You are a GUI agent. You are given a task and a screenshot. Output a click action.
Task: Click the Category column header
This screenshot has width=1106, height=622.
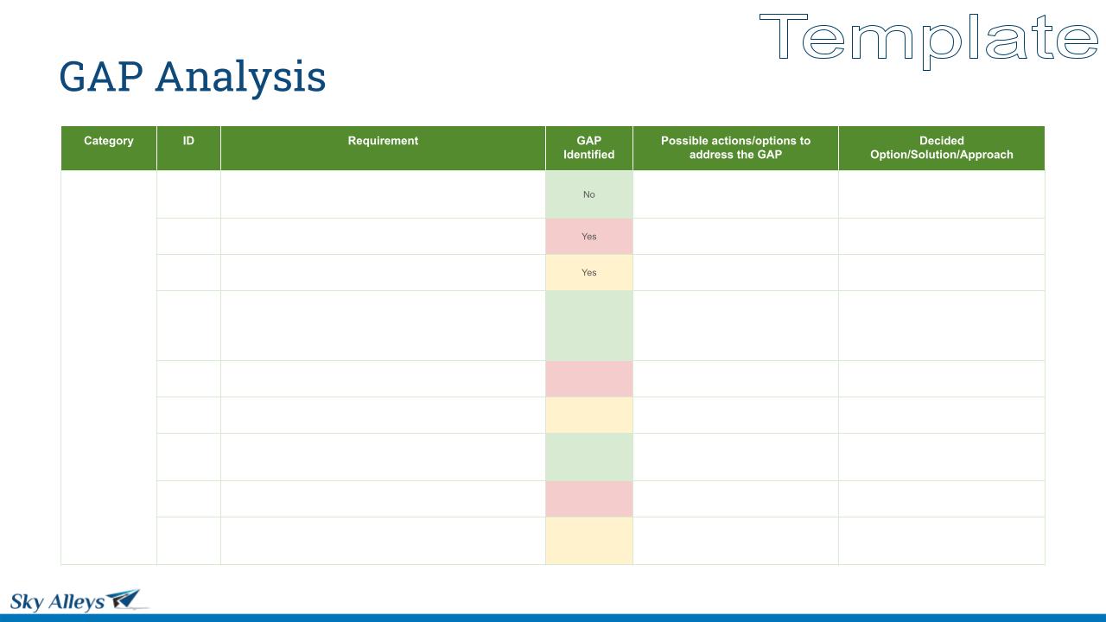(109, 148)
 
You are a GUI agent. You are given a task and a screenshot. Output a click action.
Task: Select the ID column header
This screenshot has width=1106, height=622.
(188, 148)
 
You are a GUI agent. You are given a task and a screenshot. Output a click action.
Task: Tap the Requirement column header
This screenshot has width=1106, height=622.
(383, 148)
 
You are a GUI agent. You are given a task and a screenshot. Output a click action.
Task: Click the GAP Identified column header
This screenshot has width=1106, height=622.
(589, 148)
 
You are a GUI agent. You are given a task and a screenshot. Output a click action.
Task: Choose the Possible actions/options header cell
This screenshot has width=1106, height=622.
(735, 148)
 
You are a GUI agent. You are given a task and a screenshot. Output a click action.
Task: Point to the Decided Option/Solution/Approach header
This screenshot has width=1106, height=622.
(942, 148)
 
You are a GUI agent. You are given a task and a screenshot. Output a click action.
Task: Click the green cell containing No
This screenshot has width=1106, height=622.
(589, 194)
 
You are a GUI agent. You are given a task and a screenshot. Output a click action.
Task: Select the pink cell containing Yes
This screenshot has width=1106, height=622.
(589, 237)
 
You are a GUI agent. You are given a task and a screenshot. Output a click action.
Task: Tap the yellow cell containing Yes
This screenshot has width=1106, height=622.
(589, 272)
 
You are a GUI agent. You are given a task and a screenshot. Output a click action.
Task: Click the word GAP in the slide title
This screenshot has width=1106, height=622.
(101, 77)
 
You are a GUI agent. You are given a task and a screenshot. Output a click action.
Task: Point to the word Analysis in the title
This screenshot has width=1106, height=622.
(240, 78)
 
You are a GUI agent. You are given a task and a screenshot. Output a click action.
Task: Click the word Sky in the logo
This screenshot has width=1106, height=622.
(27, 602)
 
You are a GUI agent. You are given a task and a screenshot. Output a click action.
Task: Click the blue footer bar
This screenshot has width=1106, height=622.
(553, 618)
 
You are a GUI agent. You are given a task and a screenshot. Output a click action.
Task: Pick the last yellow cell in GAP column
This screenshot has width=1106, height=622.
(589, 541)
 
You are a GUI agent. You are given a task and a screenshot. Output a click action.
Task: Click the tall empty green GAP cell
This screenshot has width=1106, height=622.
(589, 326)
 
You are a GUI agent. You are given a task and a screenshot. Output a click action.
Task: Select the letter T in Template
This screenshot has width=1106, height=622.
(783, 36)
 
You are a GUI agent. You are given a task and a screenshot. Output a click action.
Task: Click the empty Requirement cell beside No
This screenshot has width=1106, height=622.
(383, 194)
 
